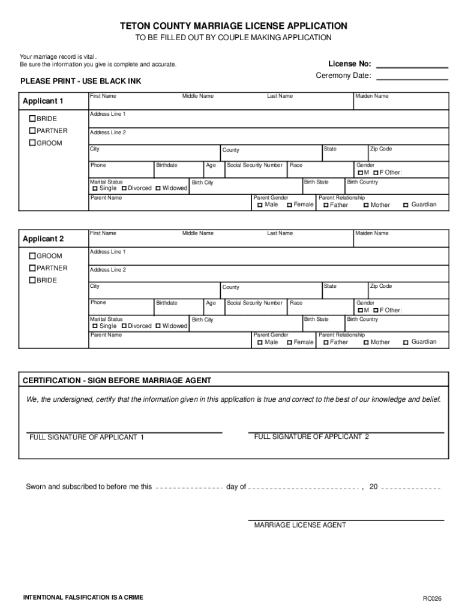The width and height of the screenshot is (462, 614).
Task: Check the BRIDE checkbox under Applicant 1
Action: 33,119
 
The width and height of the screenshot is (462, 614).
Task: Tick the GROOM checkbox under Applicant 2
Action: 33,256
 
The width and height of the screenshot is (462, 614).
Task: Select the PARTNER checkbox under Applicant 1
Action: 33,131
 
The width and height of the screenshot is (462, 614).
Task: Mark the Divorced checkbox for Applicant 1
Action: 124,188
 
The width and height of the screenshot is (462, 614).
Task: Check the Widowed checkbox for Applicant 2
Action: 158,326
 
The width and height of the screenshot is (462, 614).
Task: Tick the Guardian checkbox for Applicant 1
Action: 406,205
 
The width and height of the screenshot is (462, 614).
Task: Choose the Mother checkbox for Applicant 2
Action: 365,342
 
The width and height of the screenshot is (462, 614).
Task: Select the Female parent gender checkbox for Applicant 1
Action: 289,205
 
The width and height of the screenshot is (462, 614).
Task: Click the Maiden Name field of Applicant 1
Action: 400,104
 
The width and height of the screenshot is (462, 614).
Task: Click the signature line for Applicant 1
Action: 124,431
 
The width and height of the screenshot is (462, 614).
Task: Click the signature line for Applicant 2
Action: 346,431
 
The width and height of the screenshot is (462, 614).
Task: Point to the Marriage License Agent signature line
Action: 346,519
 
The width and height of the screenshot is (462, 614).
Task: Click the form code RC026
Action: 432,598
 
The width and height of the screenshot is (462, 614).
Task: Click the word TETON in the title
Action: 136,26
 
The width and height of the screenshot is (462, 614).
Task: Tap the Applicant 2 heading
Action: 43,239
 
